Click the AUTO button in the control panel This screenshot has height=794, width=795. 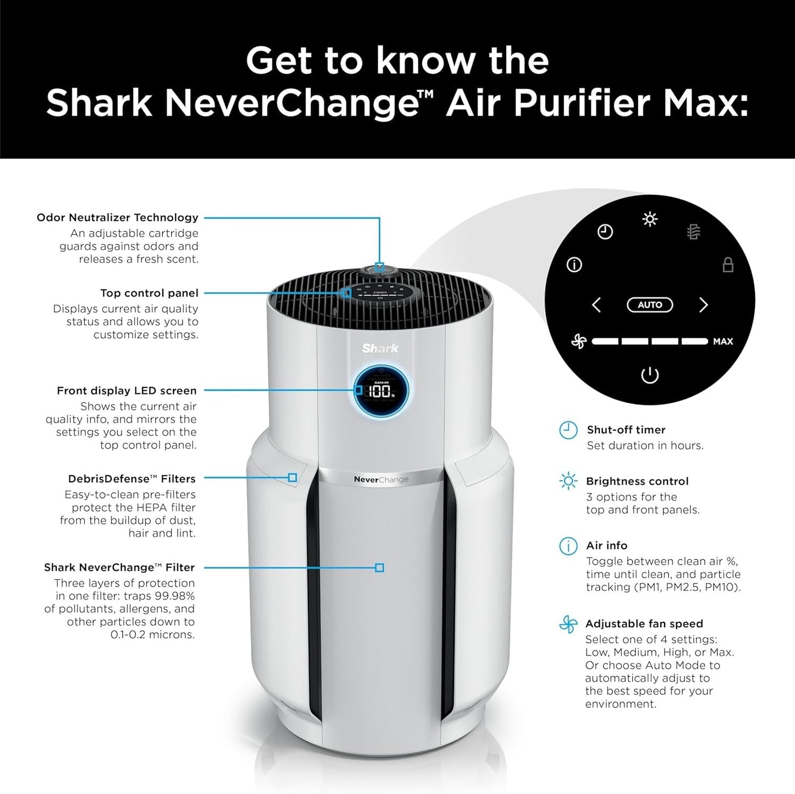[650, 305]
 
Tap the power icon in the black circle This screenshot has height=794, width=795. [650, 376]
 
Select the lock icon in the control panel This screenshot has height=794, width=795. [728, 265]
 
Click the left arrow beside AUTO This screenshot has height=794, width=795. [596, 305]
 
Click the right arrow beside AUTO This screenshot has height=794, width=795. [703, 305]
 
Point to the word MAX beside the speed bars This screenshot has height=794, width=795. [722, 342]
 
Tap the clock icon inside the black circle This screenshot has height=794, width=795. [605, 232]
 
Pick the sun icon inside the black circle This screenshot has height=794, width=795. [650, 220]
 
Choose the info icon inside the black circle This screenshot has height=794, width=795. [574, 265]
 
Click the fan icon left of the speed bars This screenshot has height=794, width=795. [578, 342]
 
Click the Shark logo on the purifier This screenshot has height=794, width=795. [380, 348]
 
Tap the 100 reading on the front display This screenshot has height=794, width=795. [379, 392]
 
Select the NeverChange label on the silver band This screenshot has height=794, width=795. [381, 479]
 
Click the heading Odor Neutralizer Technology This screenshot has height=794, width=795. [117, 217]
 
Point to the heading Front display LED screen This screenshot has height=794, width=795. [127, 391]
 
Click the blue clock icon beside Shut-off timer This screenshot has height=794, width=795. [568, 430]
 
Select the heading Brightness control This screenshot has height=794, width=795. [637, 481]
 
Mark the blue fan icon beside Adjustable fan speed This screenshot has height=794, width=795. [568, 625]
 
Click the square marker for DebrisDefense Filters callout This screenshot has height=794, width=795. [293, 478]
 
